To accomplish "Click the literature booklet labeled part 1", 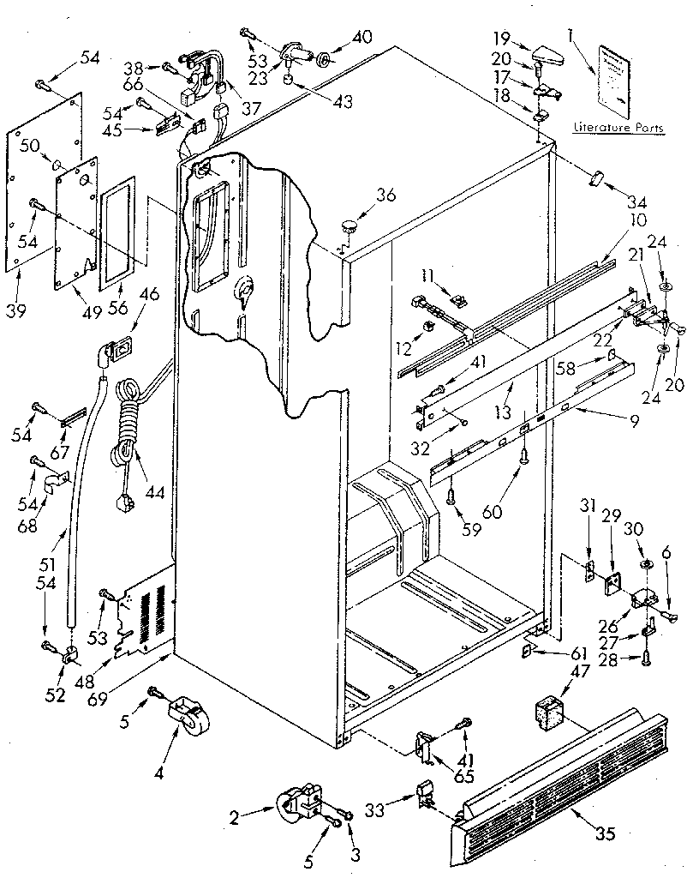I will (x=615, y=80).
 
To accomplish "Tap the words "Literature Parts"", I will (x=618, y=128).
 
